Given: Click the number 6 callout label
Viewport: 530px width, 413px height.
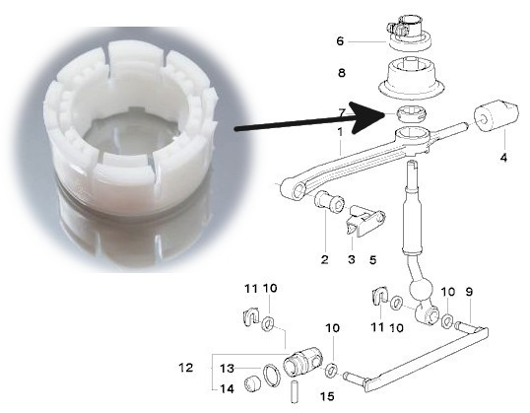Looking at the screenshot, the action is click(x=340, y=41).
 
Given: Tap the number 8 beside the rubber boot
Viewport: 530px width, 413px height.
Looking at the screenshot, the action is click(x=342, y=72).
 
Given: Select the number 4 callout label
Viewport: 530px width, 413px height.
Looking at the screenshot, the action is click(x=503, y=158).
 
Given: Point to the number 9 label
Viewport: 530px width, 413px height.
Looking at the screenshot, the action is click(x=469, y=292).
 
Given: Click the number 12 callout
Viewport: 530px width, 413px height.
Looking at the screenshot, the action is click(x=186, y=368).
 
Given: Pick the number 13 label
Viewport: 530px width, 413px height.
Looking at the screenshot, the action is click(x=227, y=368).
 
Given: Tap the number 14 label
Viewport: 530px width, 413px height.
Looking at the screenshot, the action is click(x=227, y=389).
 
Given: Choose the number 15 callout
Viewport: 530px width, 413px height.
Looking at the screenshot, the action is click(x=327, y=396).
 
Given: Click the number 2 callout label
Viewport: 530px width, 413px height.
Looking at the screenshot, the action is click(x=324, y=259).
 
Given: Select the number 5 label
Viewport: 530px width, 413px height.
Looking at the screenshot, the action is click(x=372, y=260).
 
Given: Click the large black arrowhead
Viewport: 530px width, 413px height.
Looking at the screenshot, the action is click(x=364, y=117).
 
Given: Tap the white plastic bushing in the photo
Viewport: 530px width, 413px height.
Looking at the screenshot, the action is click(x=131, y=129).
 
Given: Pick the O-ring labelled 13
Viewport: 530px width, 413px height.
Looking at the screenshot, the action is click(x=272, y=375).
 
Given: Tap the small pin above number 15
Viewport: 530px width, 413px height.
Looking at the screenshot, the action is click(x=295, y=392).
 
